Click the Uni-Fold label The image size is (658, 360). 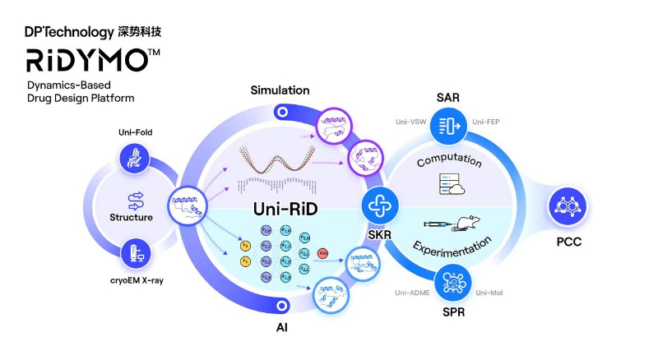[x=135, y=132]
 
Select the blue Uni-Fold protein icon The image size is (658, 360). [x=135, y=159]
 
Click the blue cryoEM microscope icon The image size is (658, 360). [x=135, y=255]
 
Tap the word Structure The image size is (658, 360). [x=132, y=217]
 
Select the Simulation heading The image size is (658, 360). [x=280, y=90]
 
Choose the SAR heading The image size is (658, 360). [x=449, y=98]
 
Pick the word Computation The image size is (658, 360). [x=448, y=160]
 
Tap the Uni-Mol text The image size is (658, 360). [x=489, y=292]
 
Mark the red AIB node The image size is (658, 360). [x=322, y=252]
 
